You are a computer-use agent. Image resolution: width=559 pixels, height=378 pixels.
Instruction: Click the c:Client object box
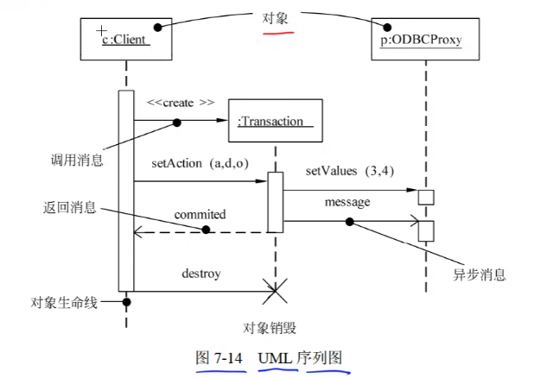126,39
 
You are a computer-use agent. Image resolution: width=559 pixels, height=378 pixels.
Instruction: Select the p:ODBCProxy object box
425,39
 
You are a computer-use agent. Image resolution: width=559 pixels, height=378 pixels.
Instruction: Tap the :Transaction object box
276,121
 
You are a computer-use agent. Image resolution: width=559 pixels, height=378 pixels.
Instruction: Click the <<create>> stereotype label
181,103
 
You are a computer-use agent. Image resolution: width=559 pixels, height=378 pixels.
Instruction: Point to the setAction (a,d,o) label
200,163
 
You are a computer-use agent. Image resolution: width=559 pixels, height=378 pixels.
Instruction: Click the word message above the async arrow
347,202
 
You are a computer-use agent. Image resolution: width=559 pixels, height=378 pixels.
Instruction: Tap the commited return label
200,215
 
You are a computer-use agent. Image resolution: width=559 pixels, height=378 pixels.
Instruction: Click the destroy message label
201,274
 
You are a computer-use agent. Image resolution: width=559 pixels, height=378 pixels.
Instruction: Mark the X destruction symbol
275,292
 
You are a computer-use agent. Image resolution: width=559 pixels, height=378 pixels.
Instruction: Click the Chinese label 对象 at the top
275,18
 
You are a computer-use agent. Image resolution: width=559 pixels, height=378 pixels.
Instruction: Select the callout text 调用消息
77,161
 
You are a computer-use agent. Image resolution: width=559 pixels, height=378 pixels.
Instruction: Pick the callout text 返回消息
70,207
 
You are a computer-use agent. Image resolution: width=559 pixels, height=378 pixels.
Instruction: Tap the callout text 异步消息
480,274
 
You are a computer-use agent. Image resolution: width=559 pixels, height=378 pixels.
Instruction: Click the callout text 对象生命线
64,303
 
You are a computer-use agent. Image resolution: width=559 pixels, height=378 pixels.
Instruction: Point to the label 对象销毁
270,328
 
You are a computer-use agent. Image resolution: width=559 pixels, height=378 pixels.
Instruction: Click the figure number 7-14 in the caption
228,358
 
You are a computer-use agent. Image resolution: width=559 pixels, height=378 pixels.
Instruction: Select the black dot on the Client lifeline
126,302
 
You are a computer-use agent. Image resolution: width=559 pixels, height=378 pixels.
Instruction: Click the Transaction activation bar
276,202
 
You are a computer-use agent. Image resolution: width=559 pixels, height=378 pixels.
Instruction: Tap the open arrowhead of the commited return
137,232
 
